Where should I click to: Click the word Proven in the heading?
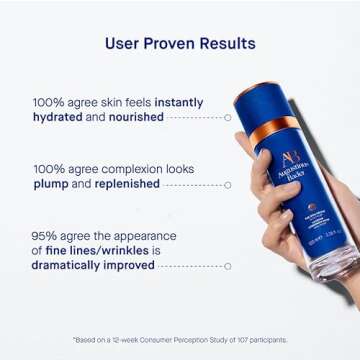[x=179, y=44]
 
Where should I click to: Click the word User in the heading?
[x=127, y=44]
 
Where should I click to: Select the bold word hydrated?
[x=62, y=116]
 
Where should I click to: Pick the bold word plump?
[x=52, y=184]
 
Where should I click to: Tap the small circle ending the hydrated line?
[x=228, y=117]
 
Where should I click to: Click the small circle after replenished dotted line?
[x=228, y=185]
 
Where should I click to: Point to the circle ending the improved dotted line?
[x=228, y=266]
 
